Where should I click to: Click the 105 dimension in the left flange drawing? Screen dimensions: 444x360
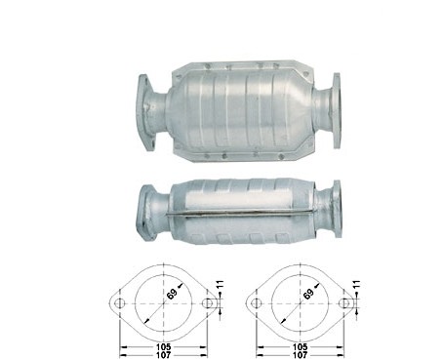[163, 347]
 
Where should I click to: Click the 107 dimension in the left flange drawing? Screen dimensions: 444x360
[163, 355]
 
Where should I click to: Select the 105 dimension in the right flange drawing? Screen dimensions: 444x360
[300, 347]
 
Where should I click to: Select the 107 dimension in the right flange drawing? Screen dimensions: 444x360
[300, 355]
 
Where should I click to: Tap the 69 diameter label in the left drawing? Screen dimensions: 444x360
[173, 294]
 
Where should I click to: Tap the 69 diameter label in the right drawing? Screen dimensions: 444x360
[309, 294]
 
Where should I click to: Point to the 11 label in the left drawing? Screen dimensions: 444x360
[221, 285]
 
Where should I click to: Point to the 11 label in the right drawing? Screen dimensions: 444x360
[357, 285]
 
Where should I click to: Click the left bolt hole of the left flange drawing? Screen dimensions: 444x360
[120, 303]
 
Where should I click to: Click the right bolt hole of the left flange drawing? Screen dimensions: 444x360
[207, 303]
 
